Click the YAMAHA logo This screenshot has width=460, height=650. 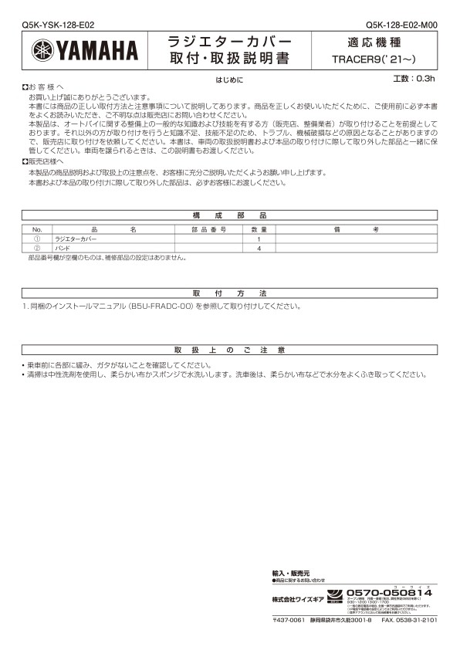[85, 51]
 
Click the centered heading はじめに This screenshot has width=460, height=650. [229, 80]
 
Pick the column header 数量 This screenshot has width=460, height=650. [259, 229]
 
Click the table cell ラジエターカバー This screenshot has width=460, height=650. [76, 239]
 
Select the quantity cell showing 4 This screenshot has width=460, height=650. [259, 249]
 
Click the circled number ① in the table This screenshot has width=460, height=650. [36, 239]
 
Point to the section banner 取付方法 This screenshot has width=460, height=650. [229, 294]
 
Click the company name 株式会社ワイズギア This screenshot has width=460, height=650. [296, 598]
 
